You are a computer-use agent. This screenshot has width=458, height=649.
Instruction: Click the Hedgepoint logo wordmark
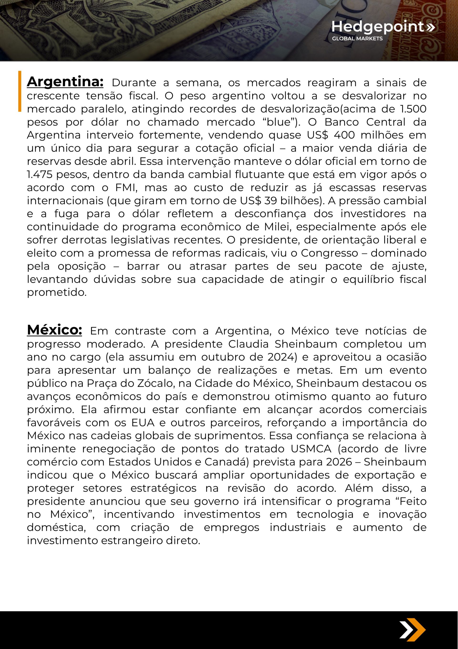pos(378,27)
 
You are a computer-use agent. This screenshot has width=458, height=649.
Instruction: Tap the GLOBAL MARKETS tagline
pos(357,39)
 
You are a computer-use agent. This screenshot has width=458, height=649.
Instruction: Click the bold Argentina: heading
pos(65,82)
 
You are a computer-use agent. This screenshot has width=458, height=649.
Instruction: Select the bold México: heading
pos(54,330)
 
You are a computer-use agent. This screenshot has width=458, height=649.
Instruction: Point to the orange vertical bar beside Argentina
pos(20,91)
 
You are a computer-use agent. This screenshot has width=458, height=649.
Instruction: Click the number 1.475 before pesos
pos(40,174)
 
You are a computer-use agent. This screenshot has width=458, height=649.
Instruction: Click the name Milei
pos(277,227)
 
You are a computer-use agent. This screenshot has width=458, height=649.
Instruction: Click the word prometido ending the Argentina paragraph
pos(57,292)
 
